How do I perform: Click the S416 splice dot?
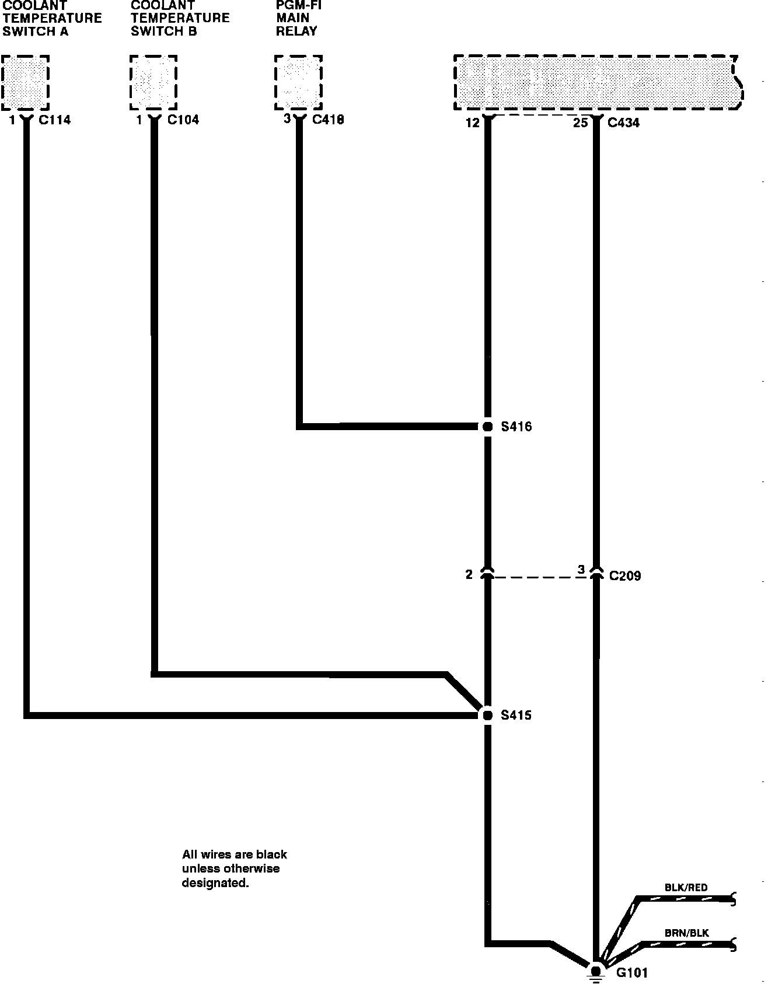click(x=488, y=427)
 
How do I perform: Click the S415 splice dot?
click(x=488, y=714)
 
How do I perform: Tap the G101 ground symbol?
click(x=596, y=971)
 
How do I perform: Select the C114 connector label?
click(x=54, y=120)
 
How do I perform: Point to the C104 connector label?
click(x=183, y=120)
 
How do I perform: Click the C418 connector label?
click(x=328, y=120)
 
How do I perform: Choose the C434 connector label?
click(x=623, y=123)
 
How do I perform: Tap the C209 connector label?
click(x=625, y=576)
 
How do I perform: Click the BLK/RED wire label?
click(x=686, y=888)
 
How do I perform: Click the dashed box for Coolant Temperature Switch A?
click(x=25, y=82)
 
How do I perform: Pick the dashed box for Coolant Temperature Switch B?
click(x=153, y=82)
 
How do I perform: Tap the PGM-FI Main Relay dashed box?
click(x=298, y=82)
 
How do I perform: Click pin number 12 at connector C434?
click(x=472, y=123)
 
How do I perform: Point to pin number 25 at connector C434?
click(x=580, y=123)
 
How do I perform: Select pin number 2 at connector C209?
click(x=469, y=575)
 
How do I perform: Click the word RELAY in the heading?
click(x=296, y=32)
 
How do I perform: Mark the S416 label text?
click(x=516, y=427)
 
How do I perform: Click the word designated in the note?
click(x=215, y=883)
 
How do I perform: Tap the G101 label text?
click(x=632, y=973)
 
